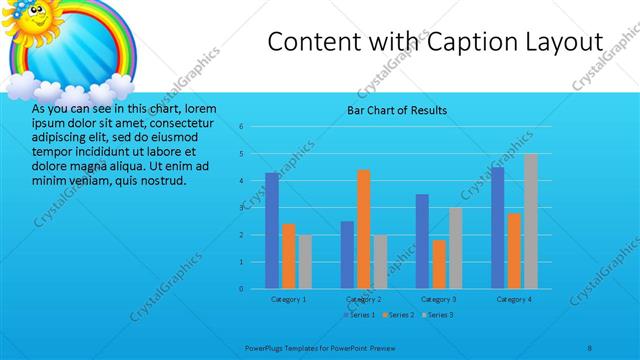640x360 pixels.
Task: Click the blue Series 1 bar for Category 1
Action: (x=272, y=230)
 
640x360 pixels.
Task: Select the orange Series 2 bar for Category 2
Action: (x=363, y=229)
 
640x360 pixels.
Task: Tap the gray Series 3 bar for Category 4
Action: (x=530, y=221)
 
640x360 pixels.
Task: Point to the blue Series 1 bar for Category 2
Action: (x=347, y=254)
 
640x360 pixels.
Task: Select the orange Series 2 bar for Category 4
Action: (x=514, y=250)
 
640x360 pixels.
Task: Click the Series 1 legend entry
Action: (x=360, y=315)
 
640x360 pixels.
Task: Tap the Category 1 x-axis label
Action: (x=289, y=299)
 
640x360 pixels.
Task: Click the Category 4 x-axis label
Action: (x=514, y=299)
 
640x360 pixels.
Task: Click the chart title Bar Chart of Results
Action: (x=397, y=110)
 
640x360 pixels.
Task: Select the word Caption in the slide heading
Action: (x=462, y=42)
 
